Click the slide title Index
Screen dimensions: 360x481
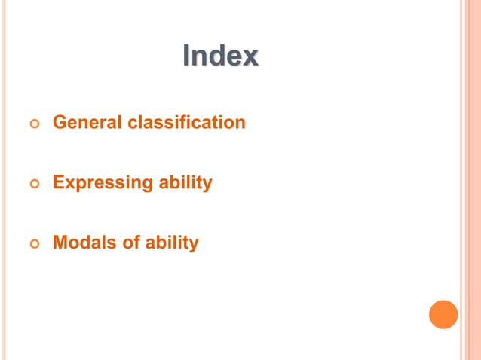click(220, 56)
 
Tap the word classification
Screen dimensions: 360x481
click(186, 122)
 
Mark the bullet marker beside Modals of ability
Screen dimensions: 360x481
click(32, 244)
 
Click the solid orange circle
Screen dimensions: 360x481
click(443, 314)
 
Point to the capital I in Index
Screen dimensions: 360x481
click(187, 56)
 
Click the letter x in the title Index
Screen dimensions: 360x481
click(250, 56)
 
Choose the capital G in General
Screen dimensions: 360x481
click(59, 122)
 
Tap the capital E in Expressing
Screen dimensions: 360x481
click(58, 183)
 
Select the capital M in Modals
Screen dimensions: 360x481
click(60, 243)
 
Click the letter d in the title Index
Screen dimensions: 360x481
click(217, 56)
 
